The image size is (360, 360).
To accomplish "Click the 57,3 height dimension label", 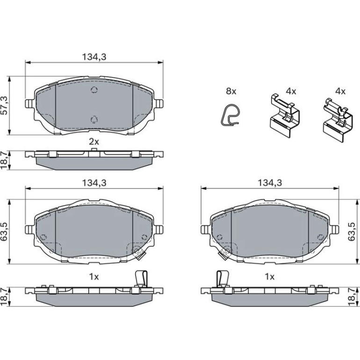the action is [x=5, y=105].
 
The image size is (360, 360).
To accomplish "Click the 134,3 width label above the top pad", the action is [x=94, y=57].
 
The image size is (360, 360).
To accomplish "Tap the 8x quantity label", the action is [x=231, y=91].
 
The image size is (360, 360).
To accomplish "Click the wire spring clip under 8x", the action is [x=229, y=115].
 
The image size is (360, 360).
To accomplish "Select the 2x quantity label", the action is [x=94, y=142].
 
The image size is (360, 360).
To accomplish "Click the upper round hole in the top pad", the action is [x=94, y=90].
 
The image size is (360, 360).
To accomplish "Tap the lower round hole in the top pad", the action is [x=94, y=120].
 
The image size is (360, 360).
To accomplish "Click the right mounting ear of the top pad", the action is [x=158, y=103].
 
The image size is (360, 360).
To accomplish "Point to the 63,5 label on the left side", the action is [x=5, y=231].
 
